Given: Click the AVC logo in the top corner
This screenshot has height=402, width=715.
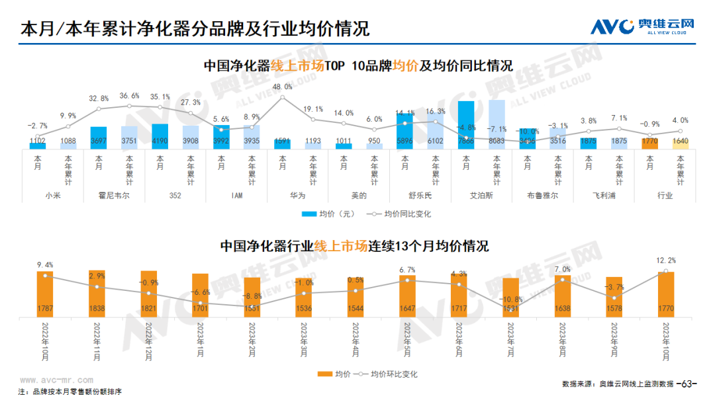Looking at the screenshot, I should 643,26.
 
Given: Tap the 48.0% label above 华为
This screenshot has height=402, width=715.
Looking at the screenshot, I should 283,87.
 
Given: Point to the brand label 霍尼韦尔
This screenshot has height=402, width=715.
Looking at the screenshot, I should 114,196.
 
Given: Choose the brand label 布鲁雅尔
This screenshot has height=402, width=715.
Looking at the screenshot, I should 542,196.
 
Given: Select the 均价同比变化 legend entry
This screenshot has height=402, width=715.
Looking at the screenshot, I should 401,214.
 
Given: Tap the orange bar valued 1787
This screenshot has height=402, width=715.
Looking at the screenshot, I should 45,294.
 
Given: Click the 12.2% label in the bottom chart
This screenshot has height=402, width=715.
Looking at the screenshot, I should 665,260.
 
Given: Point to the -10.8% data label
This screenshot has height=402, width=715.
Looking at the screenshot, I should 510,300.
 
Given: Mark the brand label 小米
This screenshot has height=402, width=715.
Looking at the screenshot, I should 53,196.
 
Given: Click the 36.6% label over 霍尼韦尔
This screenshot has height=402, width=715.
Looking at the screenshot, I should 129,95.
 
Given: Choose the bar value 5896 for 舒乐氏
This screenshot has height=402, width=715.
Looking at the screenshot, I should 405,141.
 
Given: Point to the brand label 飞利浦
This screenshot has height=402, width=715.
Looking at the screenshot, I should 604,196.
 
